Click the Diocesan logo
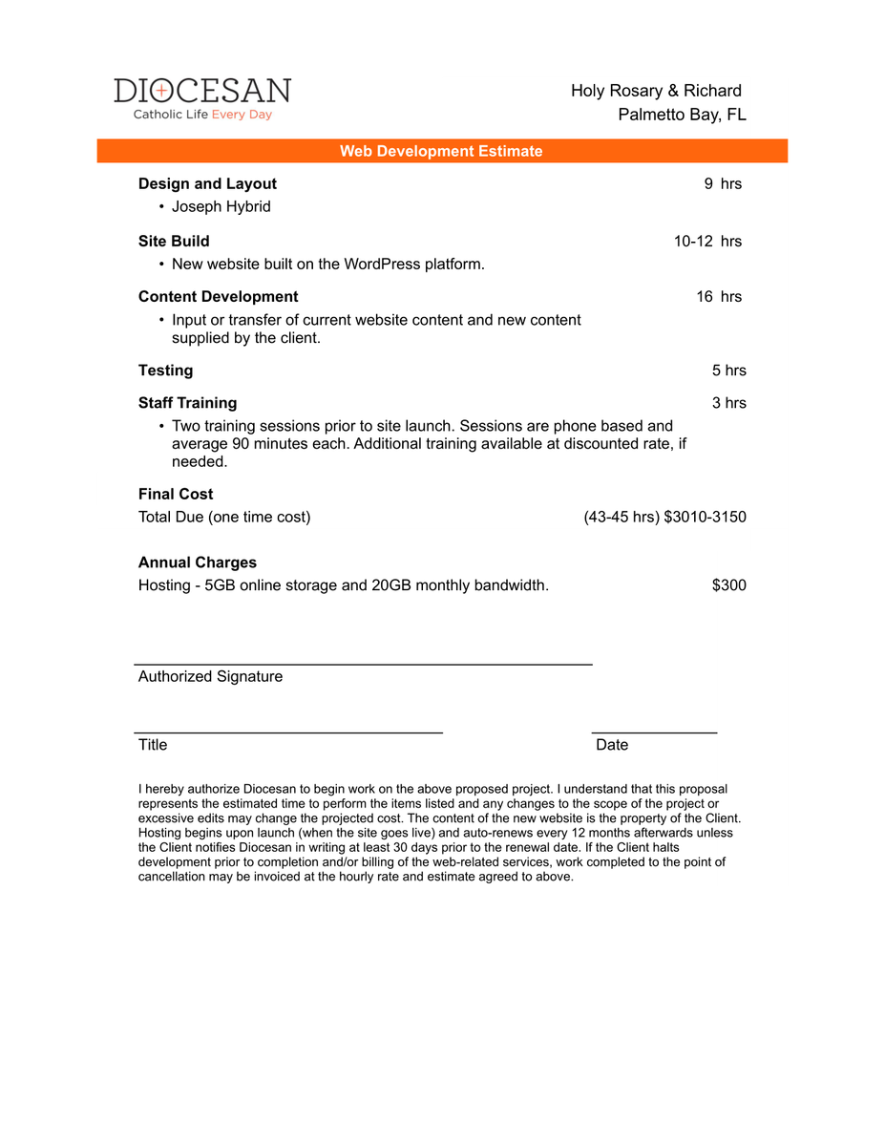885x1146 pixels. tap(202, 98)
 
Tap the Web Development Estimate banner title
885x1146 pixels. tap(441, 151)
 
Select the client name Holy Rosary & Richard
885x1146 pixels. tap(656, 91)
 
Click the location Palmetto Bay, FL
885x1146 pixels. tap(682, 115)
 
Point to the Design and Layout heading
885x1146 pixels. tap(207, 183)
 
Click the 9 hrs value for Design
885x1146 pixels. tap(723, 183)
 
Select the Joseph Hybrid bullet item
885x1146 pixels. tap(221, 206)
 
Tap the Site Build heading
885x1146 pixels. tap(174, 241)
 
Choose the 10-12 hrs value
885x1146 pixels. tap(707, 241)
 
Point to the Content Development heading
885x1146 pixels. tap(218, 296)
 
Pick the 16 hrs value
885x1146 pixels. tap(719, 296)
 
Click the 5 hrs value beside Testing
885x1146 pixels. tap(729, 370)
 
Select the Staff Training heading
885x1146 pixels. tap(187, 402)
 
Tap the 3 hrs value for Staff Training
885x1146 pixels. tap(729, 402)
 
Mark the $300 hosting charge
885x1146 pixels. tap(729, 584)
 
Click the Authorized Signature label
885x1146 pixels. tap(210, 676)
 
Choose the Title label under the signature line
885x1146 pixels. tap(153, 744)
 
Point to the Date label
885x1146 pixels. tap(612, 744)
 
